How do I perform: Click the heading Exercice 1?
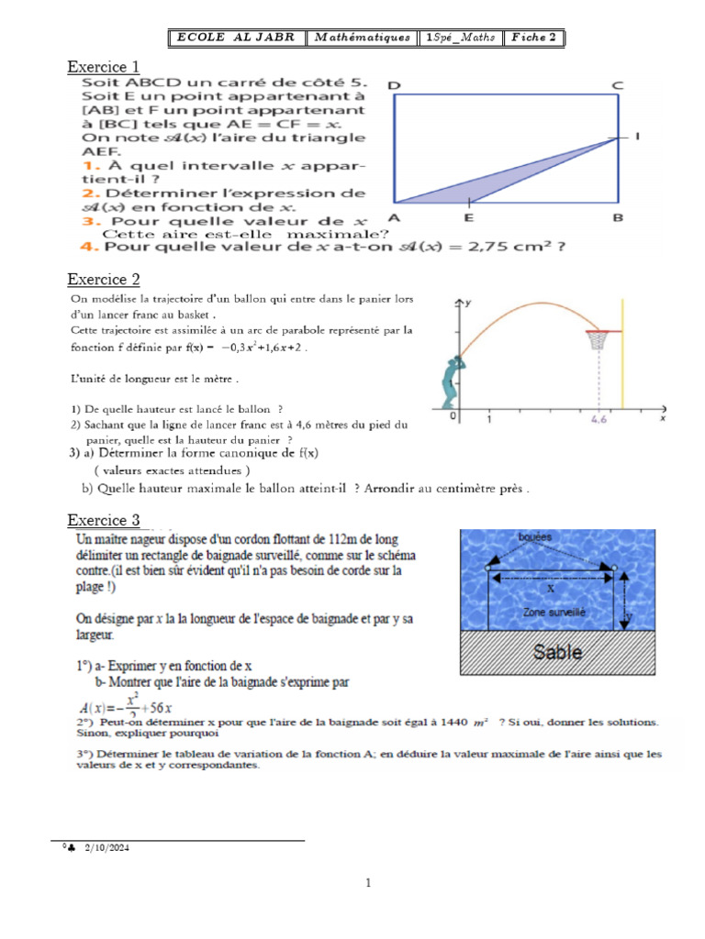click(x=104, y=66)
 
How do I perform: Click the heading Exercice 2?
click(x=104, y=279)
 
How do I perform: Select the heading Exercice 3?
click(x=104, y=520)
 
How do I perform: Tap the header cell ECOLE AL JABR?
click(x=236, y=38)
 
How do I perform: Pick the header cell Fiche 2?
click(x=534, y=38)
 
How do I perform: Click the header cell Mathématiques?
click(x=362, y=38)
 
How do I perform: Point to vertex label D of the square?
click(x=394, y=85)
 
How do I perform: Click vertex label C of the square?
click(x=618, y=85)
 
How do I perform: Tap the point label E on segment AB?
click(x=469, y=217)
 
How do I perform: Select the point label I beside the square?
click(x=637, y=137)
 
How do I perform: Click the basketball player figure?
click(x=449, y=381)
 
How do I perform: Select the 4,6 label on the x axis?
click(x=599, y=424)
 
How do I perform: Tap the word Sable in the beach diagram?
click(x=558, y=652)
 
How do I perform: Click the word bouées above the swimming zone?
click(x=535, y=536)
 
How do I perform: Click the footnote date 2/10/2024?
click(x=107, y=849)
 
